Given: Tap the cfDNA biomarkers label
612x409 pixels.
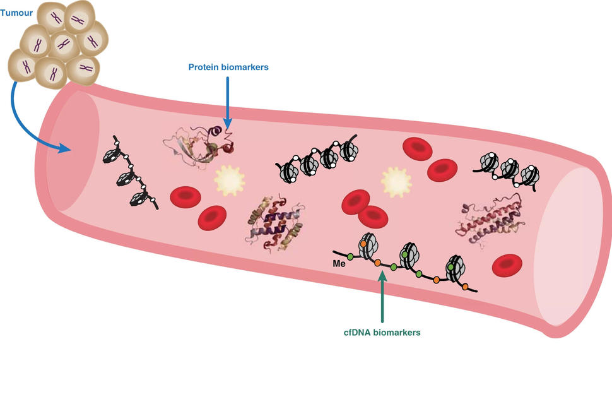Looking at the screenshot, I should coord(383,331).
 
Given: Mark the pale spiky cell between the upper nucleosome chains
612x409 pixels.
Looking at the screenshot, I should coord(396,182).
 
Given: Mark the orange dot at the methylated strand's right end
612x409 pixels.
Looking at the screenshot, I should coord(465,287).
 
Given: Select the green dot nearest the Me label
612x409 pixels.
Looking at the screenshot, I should coord(349,256).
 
